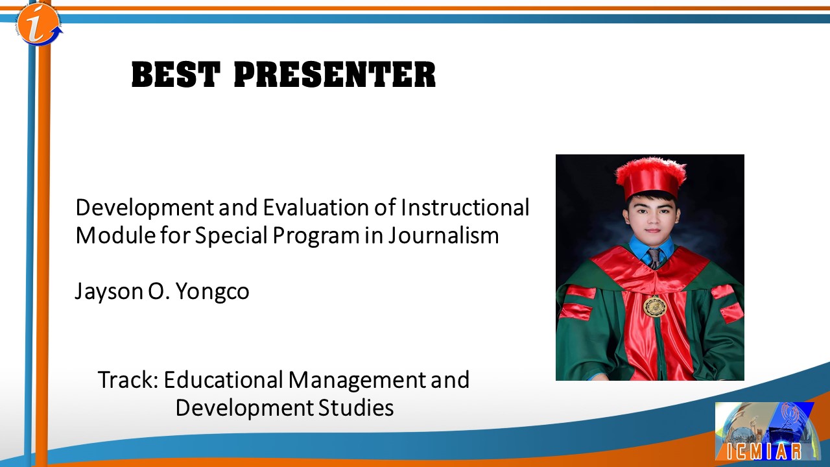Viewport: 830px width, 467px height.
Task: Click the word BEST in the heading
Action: (176, 75)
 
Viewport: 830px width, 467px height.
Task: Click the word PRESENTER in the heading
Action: (335, 75)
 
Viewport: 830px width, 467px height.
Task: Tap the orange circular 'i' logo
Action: (39, 24)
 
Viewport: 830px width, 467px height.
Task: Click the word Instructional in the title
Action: (465, 207)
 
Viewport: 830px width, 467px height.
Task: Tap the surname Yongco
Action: (212, 292)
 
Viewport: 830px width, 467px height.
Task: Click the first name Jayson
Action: (110, 292)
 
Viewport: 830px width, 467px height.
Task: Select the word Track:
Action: (128, 379)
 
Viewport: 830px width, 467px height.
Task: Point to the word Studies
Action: (356, 408)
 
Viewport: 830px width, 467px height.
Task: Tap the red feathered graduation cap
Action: (651, 178)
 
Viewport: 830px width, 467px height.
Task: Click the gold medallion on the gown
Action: (655, 306)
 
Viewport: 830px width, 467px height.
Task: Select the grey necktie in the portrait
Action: (654, 258)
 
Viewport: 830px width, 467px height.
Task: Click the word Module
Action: (115, 235)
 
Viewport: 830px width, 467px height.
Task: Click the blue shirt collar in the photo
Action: (652, 247)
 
